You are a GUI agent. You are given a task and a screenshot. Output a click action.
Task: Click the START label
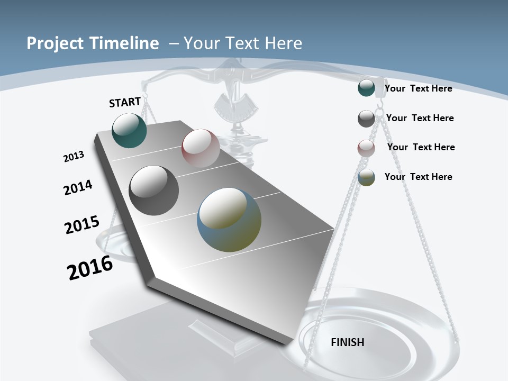[x=125, y=102]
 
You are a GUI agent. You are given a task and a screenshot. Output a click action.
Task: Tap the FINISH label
[x=347, y=342]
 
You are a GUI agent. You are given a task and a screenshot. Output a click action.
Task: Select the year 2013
[x=74, y=157]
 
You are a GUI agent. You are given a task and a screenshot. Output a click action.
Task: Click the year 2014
[x=78, y=187]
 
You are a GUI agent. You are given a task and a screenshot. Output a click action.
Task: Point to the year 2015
[x=81, y=225]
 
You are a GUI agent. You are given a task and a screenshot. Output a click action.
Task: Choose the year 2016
[x=90, y=268]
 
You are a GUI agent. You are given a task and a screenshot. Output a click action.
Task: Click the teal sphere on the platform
[x=129, y=130]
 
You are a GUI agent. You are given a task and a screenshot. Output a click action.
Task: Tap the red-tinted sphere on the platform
[x=201, y=148]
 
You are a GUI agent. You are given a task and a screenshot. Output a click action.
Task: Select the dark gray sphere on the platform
[x=154, y=190]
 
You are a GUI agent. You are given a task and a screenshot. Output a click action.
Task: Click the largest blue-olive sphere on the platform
[x=229, y=220]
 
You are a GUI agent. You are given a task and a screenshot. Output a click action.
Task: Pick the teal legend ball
[x=366, y=88]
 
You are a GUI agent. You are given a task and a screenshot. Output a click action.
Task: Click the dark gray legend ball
[x=366, y=119]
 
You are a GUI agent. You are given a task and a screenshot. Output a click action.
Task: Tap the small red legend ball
[x=366, y=148]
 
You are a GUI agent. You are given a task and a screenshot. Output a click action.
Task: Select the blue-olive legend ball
[x=366, y=177]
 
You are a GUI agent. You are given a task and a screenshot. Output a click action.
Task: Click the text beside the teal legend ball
[x=418, y=88]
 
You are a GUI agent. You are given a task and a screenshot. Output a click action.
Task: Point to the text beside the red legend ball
[x=421, y=147]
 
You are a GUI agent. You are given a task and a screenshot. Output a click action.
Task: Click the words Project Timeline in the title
[x=93, y=43]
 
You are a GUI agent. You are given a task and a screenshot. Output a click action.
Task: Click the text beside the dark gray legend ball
[x=420, y=118]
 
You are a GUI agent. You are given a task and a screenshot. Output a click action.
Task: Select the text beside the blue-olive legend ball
[x=418, y=177]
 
